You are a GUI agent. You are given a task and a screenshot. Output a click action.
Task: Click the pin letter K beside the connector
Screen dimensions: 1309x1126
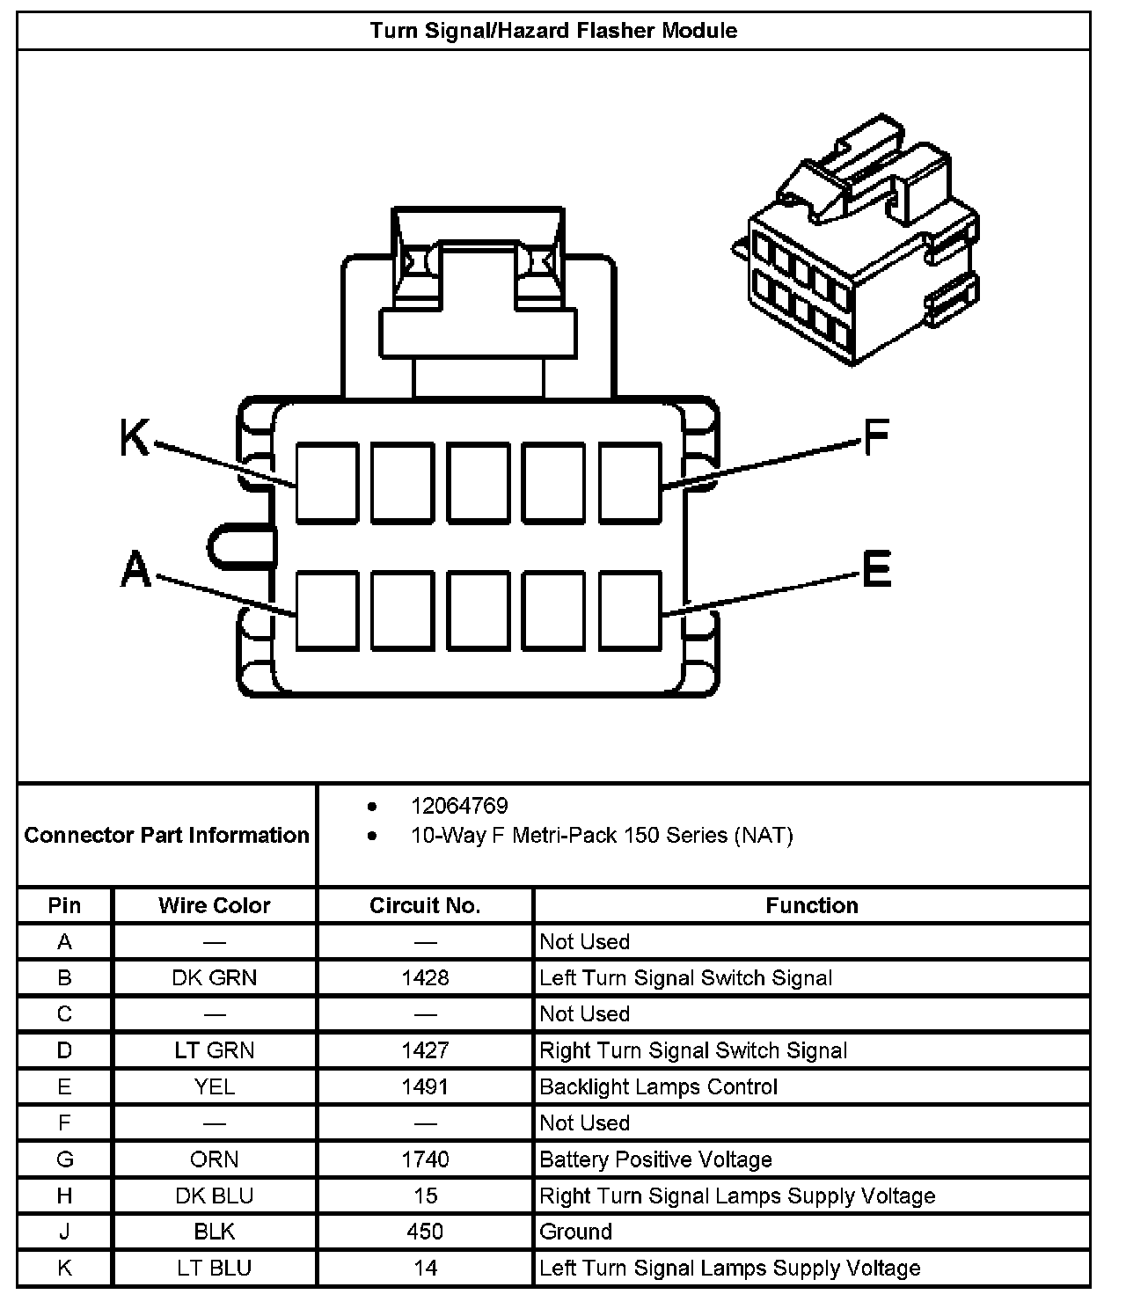click(135, 437)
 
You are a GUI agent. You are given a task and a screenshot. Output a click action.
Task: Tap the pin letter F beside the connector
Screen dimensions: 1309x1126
click(876, 437)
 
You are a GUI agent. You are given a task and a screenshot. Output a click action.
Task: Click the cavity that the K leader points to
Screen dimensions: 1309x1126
click(327, 483)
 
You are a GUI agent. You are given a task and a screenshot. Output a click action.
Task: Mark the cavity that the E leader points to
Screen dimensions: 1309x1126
click(630, 611)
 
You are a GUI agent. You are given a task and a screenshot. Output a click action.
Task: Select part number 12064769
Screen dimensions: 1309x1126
click(459, 806)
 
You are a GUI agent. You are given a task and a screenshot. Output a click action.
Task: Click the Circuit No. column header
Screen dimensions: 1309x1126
click(425, 905)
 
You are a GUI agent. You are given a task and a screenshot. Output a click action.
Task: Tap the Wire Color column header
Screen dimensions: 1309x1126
click(215, 905)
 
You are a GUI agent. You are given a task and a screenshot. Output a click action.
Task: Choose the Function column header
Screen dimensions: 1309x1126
click(811, 905)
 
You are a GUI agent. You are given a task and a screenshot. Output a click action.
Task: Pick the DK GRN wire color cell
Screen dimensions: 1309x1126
click(215, 978)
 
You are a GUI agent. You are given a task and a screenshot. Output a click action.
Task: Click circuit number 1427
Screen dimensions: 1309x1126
click(425, 1050)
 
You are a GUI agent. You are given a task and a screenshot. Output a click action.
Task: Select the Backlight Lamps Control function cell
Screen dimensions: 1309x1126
click(658, 1087)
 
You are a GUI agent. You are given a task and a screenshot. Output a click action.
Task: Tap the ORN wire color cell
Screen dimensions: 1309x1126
click(215, 1159)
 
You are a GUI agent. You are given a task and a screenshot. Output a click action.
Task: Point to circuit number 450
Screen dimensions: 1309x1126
click(425, 1232)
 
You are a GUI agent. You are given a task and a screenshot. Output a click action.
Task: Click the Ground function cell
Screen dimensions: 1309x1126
click(576, 1232)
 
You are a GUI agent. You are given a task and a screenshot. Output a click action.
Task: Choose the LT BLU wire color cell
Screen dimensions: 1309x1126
click(215, 1269)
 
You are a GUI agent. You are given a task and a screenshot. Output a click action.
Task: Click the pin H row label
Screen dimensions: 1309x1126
click(64, 1196)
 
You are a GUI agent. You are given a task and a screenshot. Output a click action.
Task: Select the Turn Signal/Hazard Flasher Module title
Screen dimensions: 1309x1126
click(553, 31)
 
